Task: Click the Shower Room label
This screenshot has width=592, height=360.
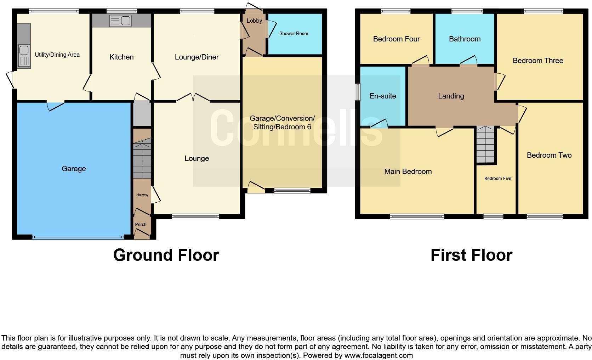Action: coord(294,33)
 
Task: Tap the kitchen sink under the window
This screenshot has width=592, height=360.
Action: coord(120,21)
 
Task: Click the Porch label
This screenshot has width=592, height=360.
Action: coord(141,224)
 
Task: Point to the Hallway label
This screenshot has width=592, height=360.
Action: coord(142,195)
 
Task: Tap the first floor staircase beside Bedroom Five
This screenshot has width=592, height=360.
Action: coord(485,144)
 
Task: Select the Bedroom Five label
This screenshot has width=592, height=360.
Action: coord(497,178)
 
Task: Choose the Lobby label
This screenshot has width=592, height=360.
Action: coord(254,21)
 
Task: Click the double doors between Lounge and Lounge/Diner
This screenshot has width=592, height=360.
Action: coord(193,97)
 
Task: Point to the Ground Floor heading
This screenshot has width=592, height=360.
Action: coord(166,255)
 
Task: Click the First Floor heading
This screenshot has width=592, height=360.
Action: coord(471,255)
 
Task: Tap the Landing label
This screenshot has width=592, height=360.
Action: coord(451,96)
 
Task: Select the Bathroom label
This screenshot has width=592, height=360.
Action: coord(465,39)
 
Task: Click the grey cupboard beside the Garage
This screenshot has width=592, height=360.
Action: coord(142,114)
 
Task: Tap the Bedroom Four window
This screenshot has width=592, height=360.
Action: coord(396,11)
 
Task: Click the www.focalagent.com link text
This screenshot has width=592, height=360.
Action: coord(378,355)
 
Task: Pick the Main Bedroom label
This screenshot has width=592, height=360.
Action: coord(408,171)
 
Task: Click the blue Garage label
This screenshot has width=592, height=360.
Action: coord(74,169)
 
